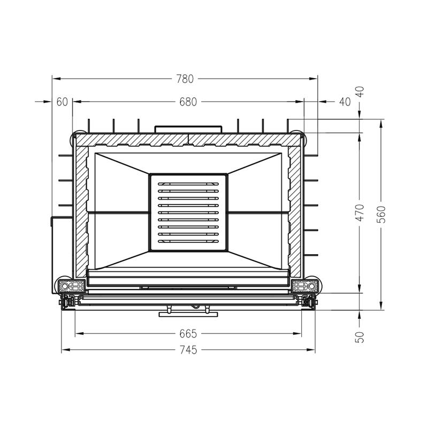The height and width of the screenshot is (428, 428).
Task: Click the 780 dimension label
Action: [x=185, y=79]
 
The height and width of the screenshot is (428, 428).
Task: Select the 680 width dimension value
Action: [x=188, y=102]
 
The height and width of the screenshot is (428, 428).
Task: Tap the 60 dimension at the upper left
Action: [x=62, y=102]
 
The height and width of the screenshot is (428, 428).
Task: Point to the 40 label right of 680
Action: [x=345, y=102]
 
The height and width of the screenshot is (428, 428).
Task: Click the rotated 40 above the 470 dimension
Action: [x=361, y=91]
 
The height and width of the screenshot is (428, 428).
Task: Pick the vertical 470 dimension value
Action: [x=361, y=212]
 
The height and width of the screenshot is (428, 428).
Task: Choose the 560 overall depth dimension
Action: [x=382, y=215]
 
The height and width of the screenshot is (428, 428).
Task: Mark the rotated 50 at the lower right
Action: [x=361, y=337]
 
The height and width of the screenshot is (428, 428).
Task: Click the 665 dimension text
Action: [x=188, y=333]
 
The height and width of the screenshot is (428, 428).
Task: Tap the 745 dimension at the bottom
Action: [x=188, y=350]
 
